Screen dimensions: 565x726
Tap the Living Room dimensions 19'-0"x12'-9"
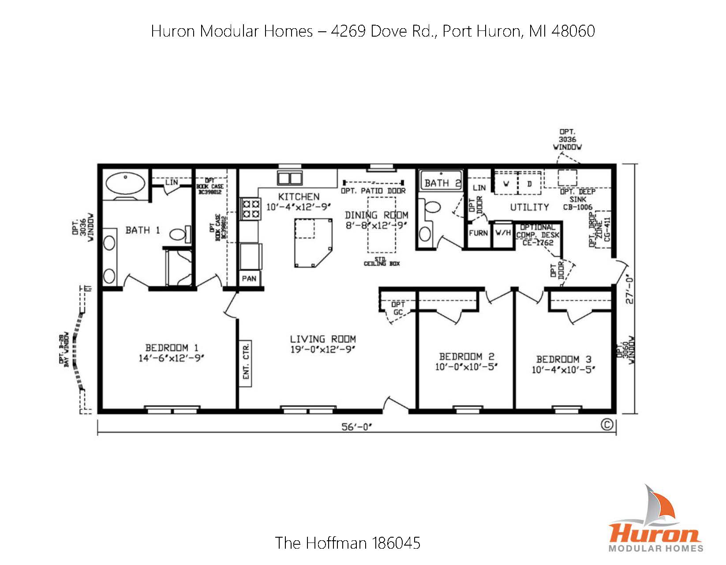(x=323, y=350)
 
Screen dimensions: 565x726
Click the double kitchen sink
(x=290, y=178)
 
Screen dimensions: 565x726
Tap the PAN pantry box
(x=249, y=279)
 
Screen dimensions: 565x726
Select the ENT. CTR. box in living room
(x=246, y=363)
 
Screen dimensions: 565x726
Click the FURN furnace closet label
(x=479, y=233)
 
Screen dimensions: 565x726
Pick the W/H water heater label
(x=503, y=233)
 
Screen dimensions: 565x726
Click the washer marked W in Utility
(x=506, y=184)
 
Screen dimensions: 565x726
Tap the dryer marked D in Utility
(x=530, y=184)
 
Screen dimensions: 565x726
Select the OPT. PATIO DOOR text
(x=373, y=191)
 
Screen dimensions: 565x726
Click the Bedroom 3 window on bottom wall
(x=566, y=410)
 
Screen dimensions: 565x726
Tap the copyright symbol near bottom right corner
(x=607, y=424)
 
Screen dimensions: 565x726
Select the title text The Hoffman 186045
(x=348, y=543)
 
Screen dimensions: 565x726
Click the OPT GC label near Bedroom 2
(x=398, y=308)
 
